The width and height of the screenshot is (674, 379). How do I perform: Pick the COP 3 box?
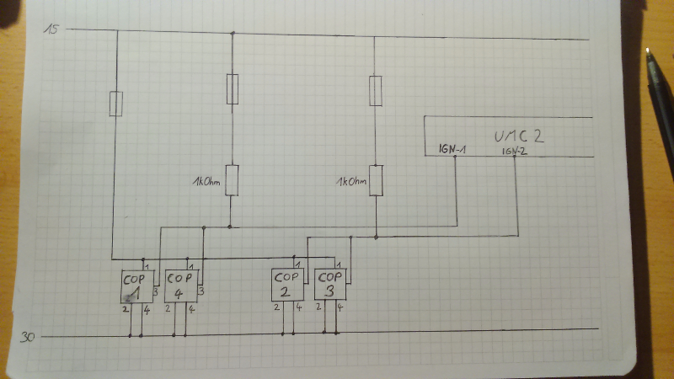(329, 284)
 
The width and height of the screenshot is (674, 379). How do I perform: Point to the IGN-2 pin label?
(514, 150)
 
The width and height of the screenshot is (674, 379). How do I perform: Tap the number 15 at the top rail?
(52, 30)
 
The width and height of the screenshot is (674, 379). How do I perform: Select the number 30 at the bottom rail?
(28, 338)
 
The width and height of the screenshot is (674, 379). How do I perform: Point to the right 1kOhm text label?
(352, 181)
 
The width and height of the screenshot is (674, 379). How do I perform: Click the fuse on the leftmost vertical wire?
(116, 104)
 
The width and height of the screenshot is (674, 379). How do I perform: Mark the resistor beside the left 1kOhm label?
(233, 179)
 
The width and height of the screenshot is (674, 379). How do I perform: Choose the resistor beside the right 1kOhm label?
(377, 179)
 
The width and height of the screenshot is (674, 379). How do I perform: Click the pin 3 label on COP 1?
(155, 291)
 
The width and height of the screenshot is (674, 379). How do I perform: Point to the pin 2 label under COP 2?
(277, 307)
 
